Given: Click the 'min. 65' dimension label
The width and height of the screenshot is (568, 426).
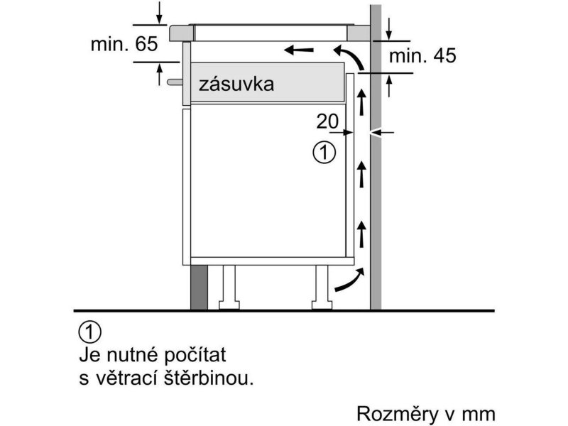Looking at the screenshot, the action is point(124,44).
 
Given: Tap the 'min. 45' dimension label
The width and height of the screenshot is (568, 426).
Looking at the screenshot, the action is point(422,56).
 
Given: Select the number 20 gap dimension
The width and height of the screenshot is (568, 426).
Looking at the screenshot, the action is point(327,121).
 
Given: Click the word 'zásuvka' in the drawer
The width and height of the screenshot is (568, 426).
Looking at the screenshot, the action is point(236,84).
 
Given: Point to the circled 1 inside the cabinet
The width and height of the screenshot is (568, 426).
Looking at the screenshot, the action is point(324,153).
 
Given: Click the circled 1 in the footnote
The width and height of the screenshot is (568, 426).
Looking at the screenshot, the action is point(90,332).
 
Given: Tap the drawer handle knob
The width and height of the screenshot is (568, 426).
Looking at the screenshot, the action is point(175,82).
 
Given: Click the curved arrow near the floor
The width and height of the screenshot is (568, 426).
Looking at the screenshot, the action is point(349,279).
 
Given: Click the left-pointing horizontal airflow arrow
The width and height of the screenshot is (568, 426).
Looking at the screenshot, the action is point(299,50).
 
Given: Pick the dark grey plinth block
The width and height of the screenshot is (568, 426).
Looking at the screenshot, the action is point(199,288).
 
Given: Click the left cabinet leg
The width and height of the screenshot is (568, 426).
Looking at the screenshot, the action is point(229,288).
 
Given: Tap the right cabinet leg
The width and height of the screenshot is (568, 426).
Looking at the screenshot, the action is point(322,288).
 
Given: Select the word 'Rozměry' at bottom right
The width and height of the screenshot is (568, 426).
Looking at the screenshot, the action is point(398,414).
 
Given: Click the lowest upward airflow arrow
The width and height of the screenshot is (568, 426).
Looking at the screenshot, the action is point(361,234).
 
